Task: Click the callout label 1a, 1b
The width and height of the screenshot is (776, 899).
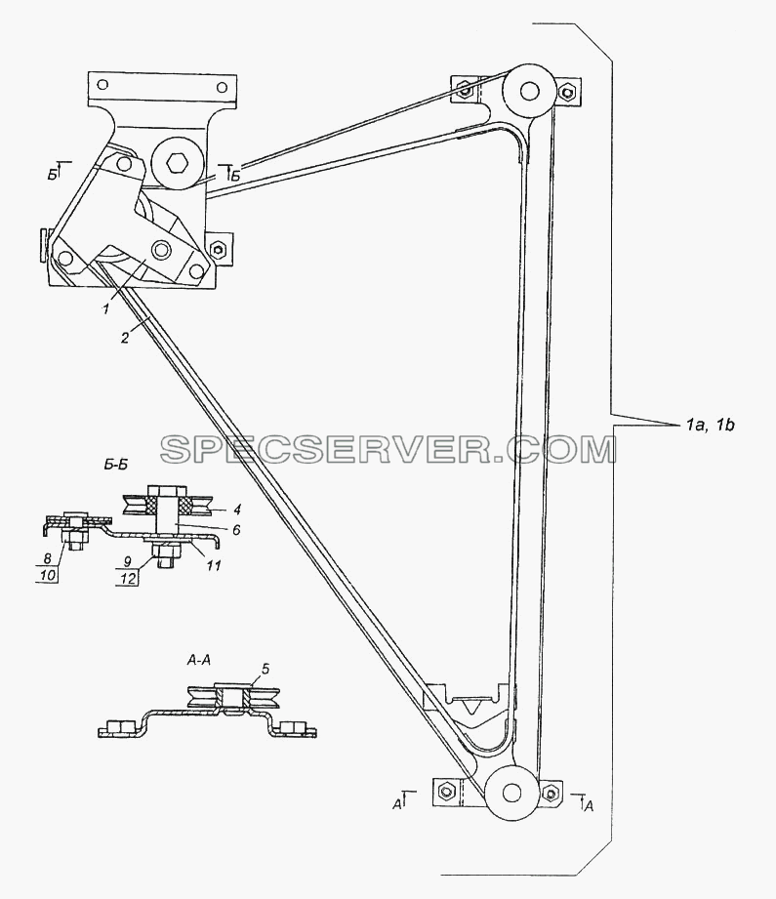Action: coord(710,425)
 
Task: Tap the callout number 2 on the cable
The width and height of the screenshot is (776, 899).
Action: coord(125,338)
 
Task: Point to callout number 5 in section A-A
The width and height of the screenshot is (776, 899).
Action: coord(265,669)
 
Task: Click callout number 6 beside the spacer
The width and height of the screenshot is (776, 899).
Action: coord(237,529)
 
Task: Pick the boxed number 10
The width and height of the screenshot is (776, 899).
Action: coord(48,575)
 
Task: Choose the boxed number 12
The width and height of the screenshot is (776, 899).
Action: coord(129,578)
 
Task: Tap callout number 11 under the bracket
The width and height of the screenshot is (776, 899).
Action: coord(214,565)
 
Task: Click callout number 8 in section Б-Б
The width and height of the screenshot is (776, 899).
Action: coord(48,557)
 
